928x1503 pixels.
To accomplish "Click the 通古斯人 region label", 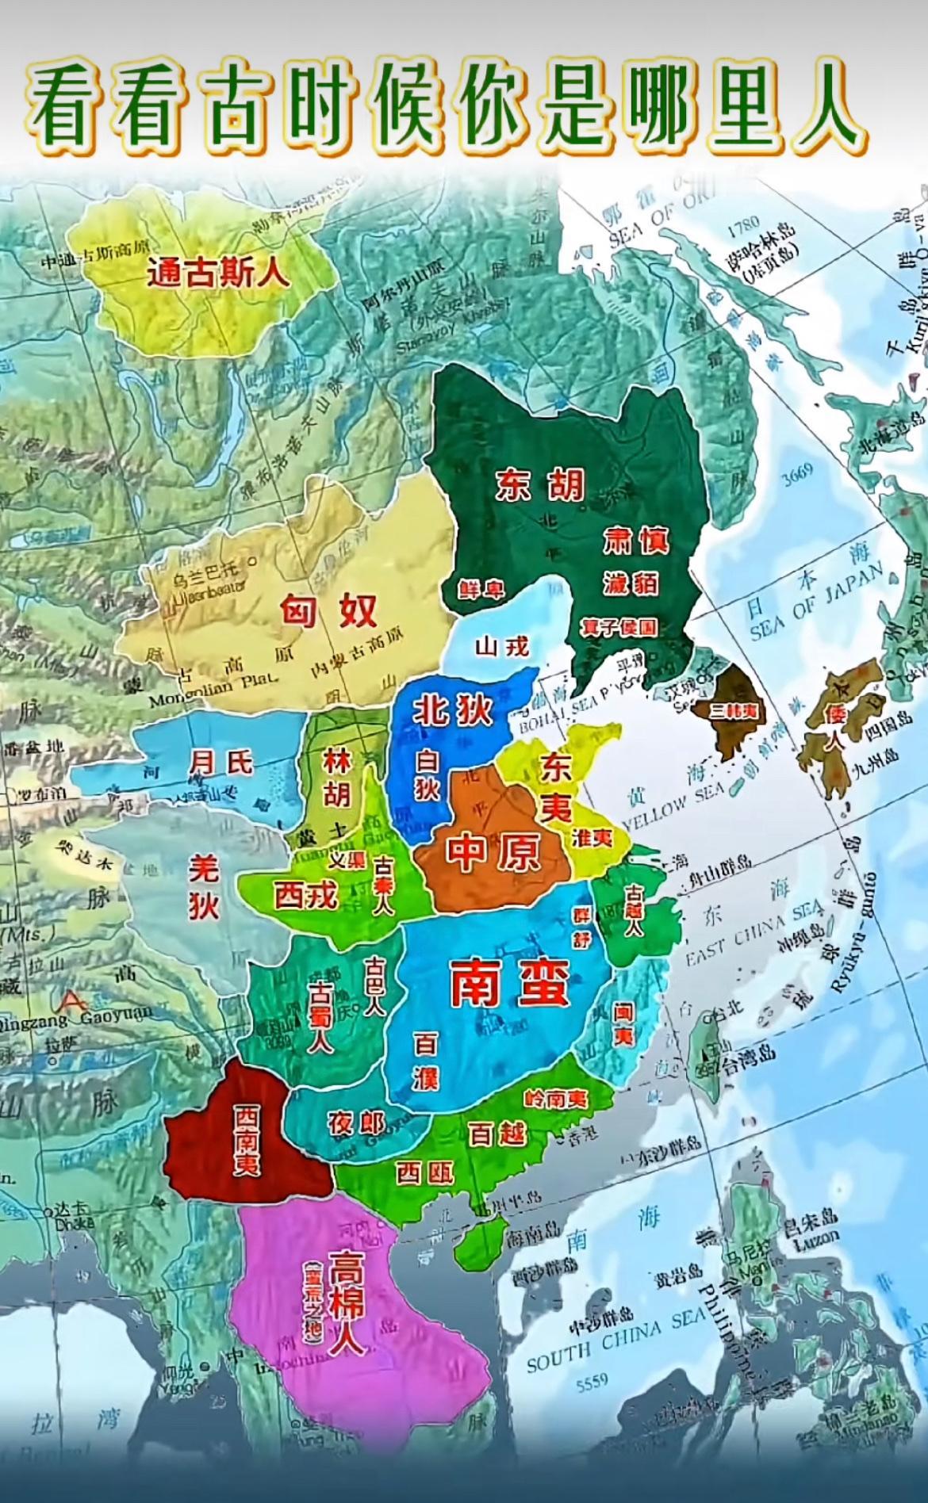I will coord(207,273).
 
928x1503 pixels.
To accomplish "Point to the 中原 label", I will coord(493,852).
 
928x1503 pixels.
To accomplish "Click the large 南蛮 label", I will coord(509,985).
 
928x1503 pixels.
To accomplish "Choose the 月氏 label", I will coord(220,763).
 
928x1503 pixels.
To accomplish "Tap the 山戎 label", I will coord(501,648).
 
